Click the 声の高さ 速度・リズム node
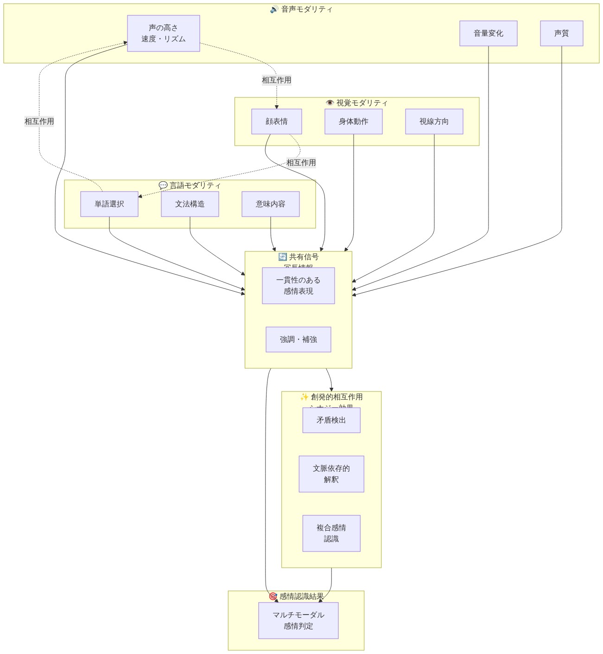point(163,33)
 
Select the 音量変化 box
point(488,33)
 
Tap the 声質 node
point(561,33)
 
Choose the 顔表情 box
point(276,122)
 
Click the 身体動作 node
point(353,122)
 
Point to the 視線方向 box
point(434,122)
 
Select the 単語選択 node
point(109,204)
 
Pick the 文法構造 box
point(190,204)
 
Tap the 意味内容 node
point(270,204)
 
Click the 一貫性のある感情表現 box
point(298,286)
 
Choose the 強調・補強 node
point(298,340)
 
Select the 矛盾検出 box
point(331,420)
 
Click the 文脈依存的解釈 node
point(331,474)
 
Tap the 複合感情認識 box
point(331,533)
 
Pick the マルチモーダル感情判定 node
point(298,621)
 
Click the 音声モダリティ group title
point(301,9)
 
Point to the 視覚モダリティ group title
point(356,103)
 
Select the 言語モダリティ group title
point(190,186)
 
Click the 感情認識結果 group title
point(296,596)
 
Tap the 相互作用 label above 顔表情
point(276,80)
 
